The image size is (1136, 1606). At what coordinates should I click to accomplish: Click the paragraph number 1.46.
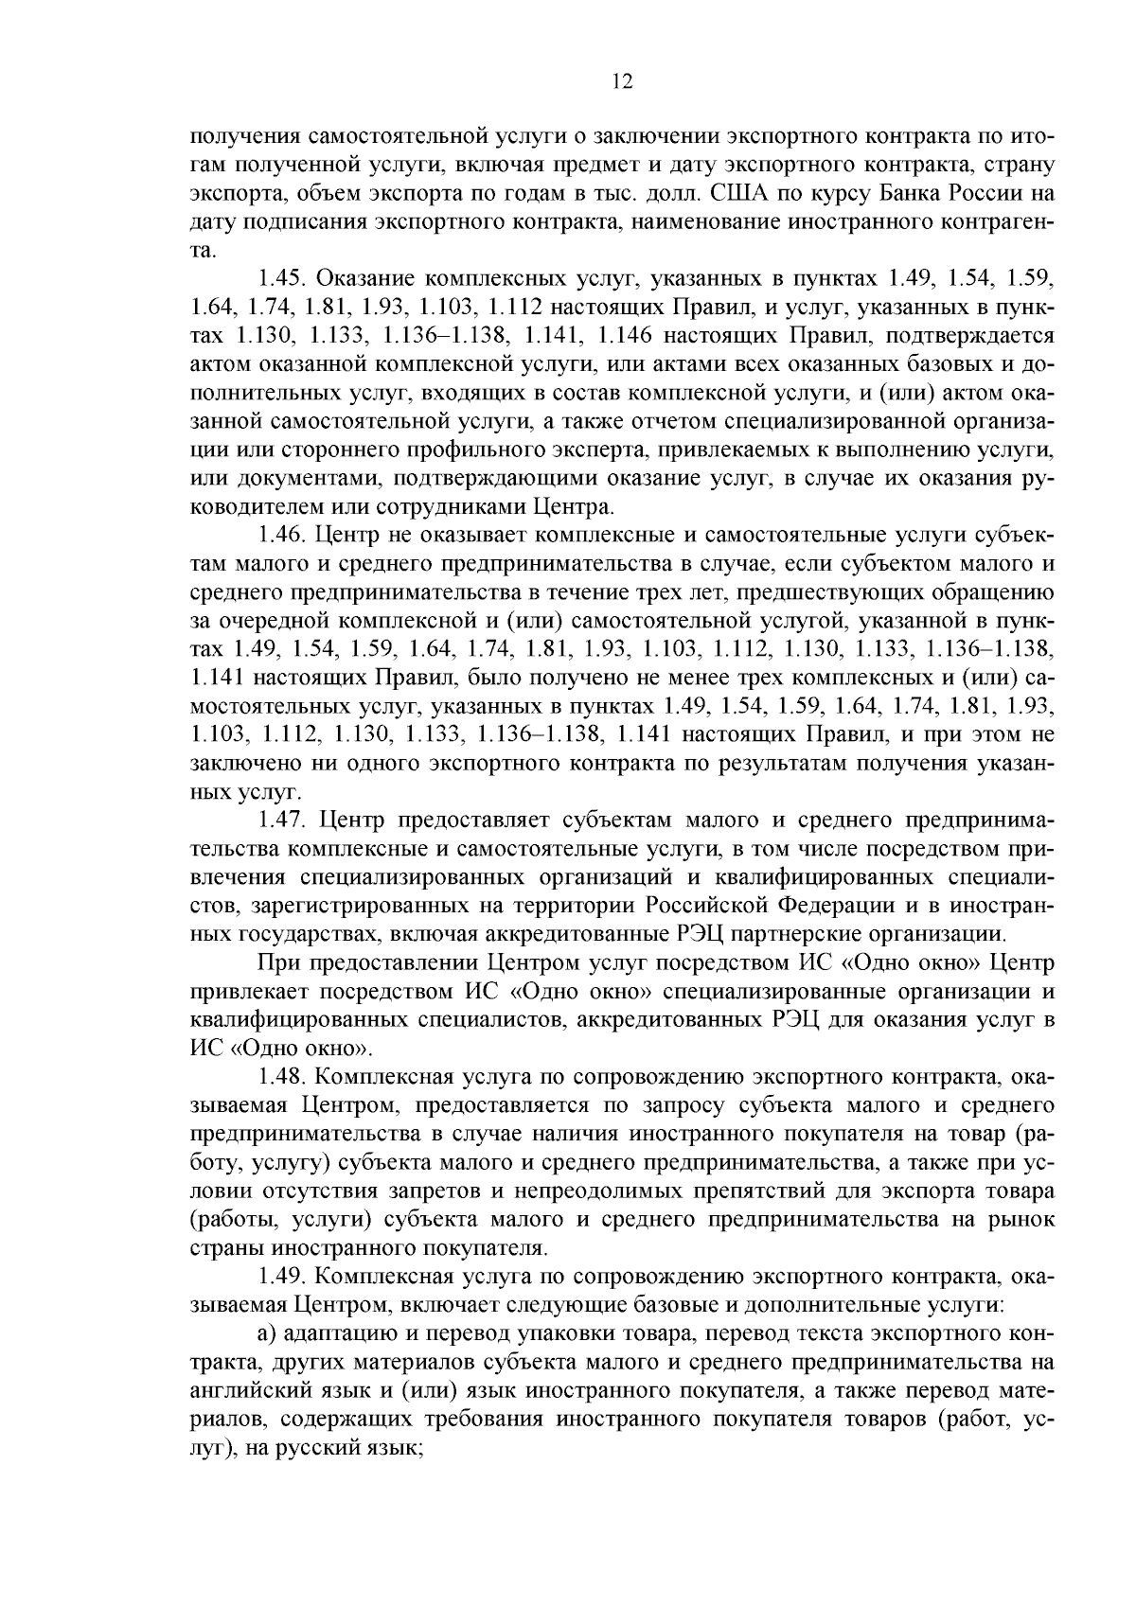(281, 536)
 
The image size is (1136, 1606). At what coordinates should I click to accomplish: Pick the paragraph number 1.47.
(281, 819)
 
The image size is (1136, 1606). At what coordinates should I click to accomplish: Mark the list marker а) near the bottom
(267, 1334)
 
